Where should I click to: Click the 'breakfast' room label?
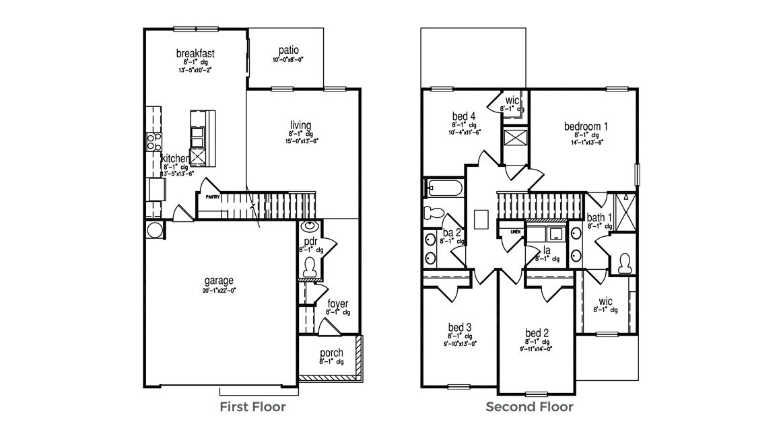(x=195, y=53)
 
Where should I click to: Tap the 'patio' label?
(x=288, y=50)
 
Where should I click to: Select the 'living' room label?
(x=300, y=125)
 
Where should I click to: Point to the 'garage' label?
(x=219, y=281)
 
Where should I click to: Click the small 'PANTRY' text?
(x=213, y=198)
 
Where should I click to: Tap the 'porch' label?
(x=331, y=353)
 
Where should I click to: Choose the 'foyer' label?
(x=337, y=304)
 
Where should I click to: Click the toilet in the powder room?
(x=310, y=268)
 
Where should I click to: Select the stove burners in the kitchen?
(x=154, y=141)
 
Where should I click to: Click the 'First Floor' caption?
(x=252, y=407)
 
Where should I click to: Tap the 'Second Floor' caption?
(x=529, y=407)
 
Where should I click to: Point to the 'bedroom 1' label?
(x=586, y=126)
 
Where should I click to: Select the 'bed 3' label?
(x=458, y=327)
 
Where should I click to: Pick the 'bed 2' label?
(x=537, y=333)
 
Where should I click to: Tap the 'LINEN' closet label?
(x=516, y=231)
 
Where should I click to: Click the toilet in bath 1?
(x=623, y=262)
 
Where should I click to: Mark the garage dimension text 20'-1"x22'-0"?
(x=219, y=291)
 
